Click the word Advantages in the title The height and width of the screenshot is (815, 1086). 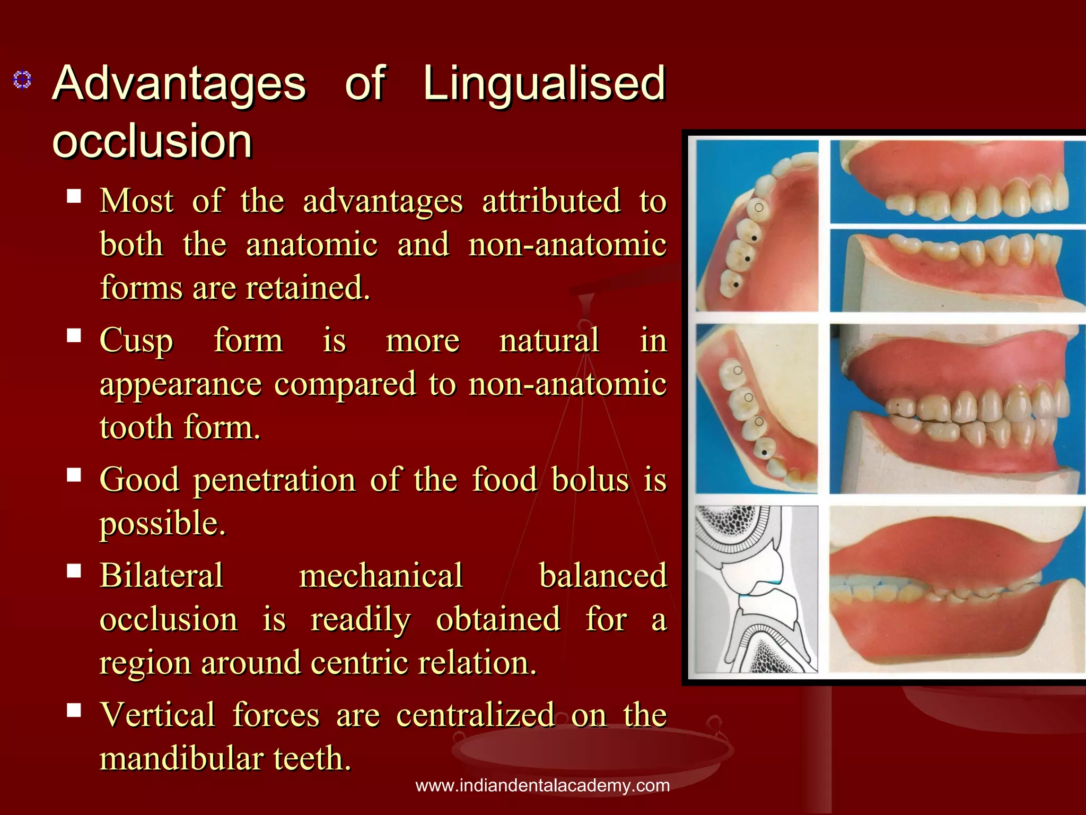[179, 83]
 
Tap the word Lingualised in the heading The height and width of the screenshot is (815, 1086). [544, 83]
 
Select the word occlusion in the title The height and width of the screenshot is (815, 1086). [152, 141]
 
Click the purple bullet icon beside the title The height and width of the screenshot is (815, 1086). [22, 80]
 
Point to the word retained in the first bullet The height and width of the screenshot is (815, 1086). [308, 288]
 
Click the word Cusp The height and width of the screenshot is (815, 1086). [136, 341]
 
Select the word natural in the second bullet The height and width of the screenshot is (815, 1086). [549, 340]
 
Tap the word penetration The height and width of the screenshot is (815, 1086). [274, 480]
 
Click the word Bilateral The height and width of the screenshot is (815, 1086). [162, 575]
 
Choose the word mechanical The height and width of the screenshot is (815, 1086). [381, 575]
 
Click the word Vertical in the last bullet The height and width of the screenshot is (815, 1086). [157, 715]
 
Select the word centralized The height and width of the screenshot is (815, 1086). [476, 715]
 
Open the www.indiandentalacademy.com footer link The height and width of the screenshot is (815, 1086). [542, 785]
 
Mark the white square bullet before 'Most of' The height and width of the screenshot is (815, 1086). [74, 196]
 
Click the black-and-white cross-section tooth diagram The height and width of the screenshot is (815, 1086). [756, 589]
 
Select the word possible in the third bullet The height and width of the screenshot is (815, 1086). [163, 524]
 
